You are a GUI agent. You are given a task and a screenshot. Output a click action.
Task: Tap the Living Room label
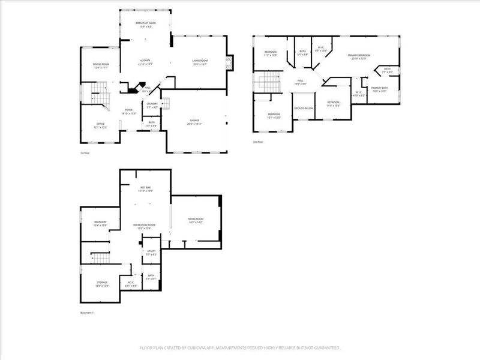(200, 61)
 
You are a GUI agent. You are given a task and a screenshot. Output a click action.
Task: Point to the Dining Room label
(100, 66)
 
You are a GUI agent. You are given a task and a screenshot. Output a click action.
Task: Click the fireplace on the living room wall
(229, 62)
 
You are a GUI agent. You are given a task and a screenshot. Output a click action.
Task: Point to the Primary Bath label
(380, 89)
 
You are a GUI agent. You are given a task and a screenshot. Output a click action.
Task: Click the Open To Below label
(304, 108)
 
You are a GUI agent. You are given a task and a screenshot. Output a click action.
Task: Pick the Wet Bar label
(146, 190)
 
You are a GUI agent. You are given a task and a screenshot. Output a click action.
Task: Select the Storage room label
(102, 284)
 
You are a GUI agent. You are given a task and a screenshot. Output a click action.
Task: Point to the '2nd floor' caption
(259, 142)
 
